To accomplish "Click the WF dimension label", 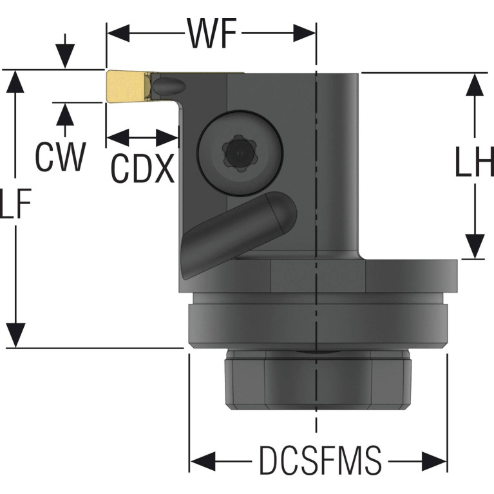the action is [x=212, y=33].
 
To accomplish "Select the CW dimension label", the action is [x=60, y=157].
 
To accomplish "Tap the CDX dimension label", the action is [x=143, y=168].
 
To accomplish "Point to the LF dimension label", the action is [x=15, y=204].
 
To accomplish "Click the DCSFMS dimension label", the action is [x=320, y=460].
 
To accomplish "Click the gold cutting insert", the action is [x=128, y=86].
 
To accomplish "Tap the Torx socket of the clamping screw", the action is [x=239, y=153].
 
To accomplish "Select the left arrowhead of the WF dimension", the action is [x=118, y=33].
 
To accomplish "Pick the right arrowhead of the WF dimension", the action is [x=305, y=33].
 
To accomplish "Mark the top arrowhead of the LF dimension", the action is [x=15, y=82].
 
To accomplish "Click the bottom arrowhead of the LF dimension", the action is [x=15, y=336].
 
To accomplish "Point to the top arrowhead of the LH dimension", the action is [x=475, y=84].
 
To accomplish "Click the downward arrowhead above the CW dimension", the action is [x=65, y=56].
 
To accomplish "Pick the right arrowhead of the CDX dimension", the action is [x=167, y=138].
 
